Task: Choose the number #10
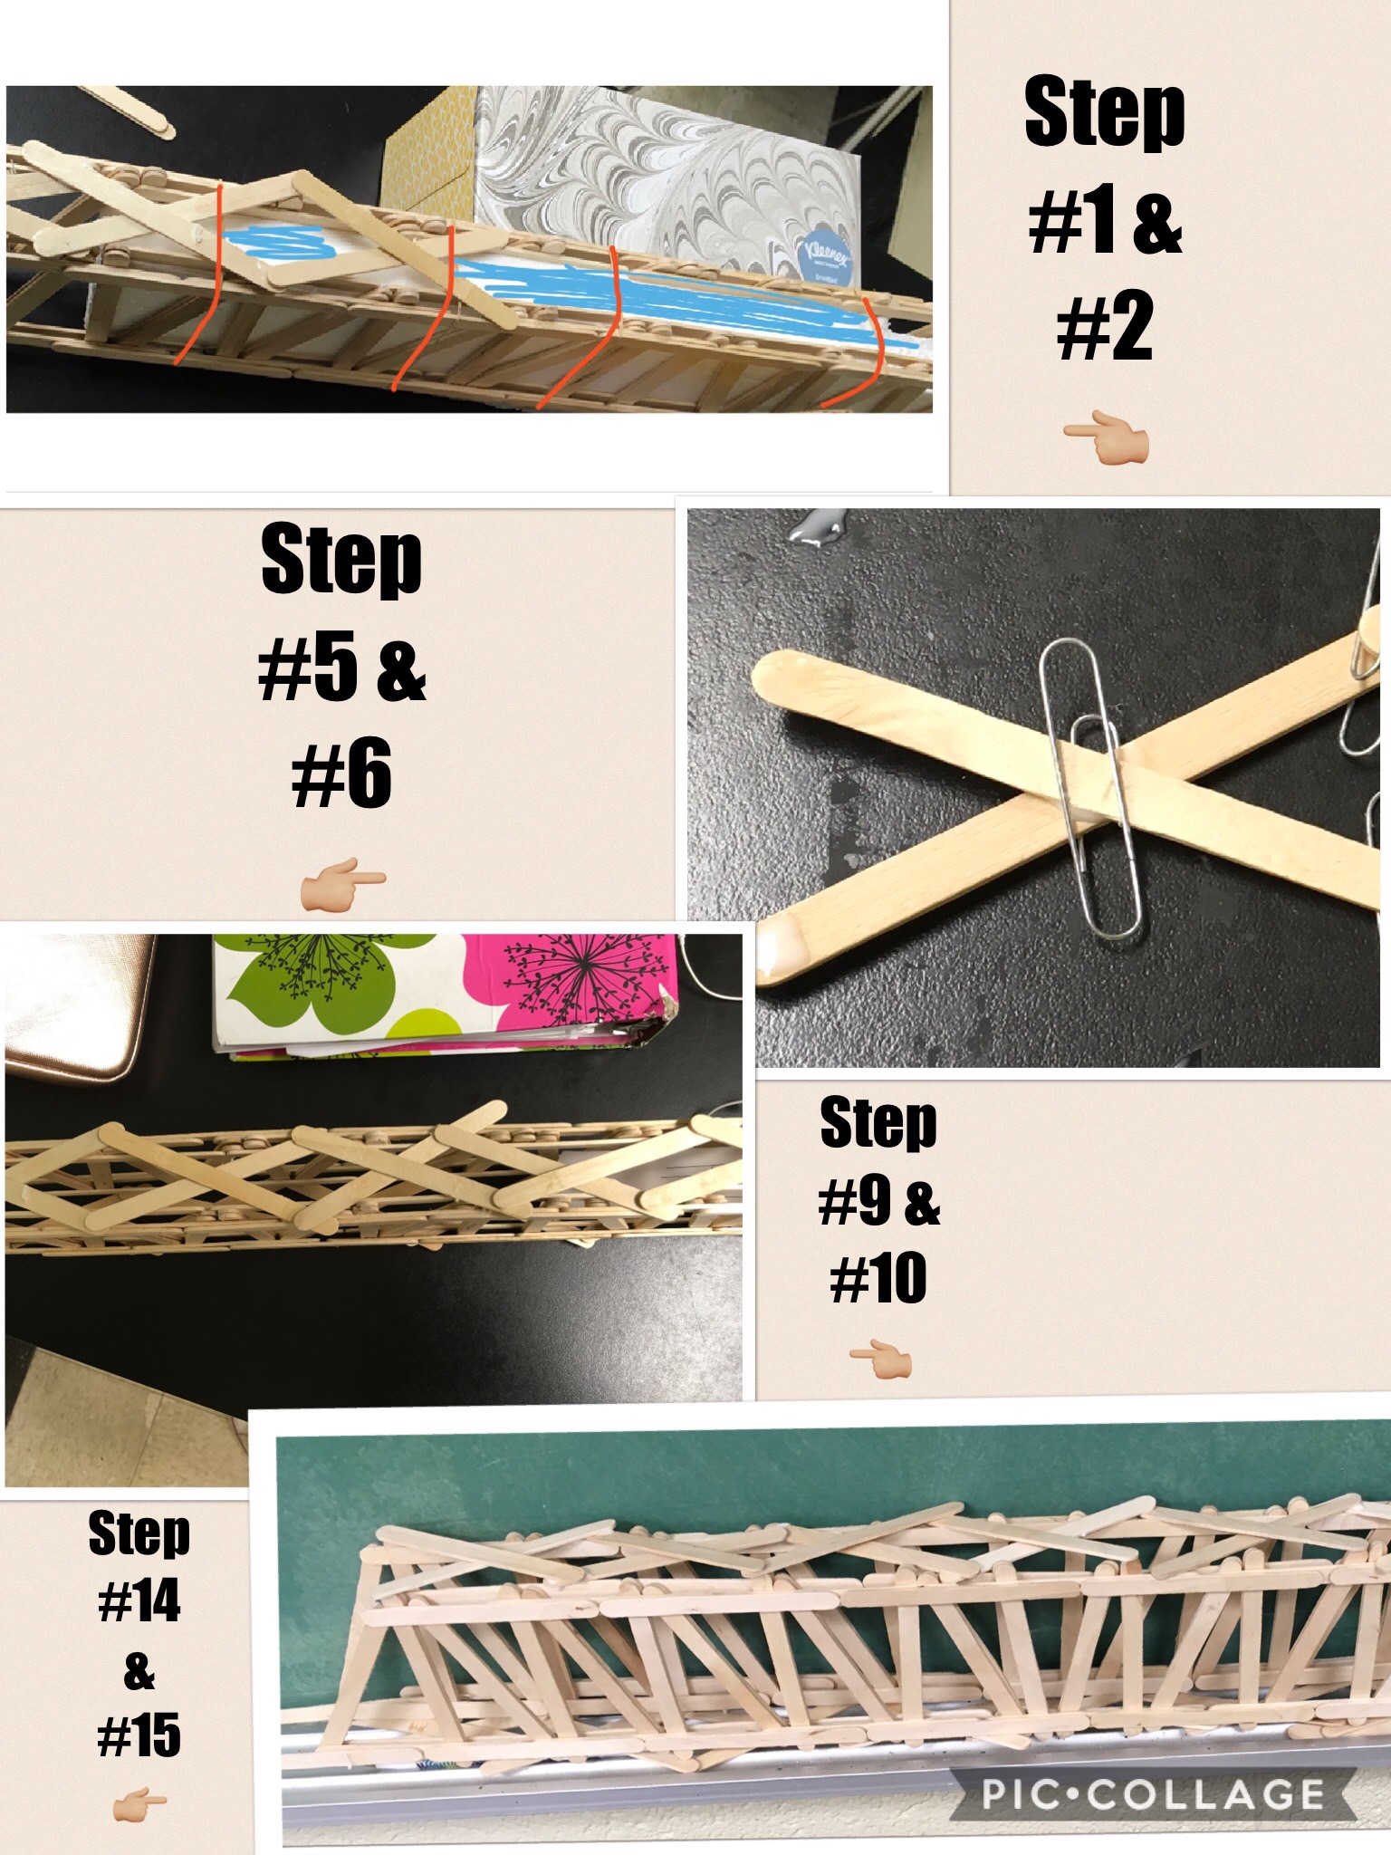coord(878,1278)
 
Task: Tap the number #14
coord(139,1601)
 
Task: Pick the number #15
coord(139,1734)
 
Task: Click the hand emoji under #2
coord(1106,441)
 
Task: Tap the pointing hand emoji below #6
coord(342,883)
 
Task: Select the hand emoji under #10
coord(880,1360)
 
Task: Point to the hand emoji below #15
coord(139,1807)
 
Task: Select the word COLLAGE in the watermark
coord(1206,1793)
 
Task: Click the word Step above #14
coord(139,1533)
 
